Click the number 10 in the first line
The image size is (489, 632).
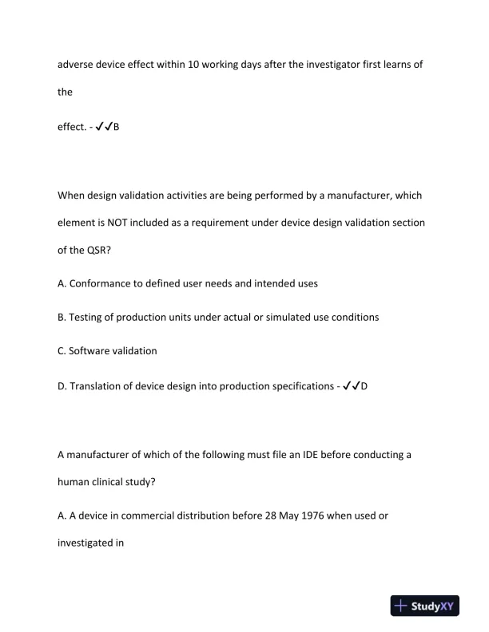pos(194,65)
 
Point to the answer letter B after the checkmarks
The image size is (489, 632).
pos(116,126)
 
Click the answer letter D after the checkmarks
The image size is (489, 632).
pos(364,385)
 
